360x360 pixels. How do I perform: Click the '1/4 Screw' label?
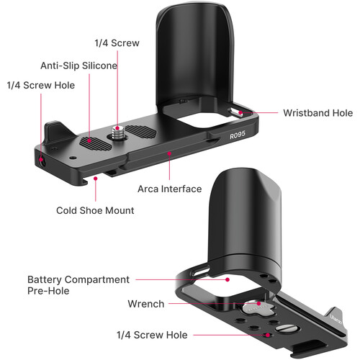click(x=117, y=43)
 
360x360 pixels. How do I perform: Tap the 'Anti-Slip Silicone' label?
click(x=78, y=66)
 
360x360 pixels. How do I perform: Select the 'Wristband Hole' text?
click(x=318, y=113)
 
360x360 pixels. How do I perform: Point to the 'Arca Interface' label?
click(x=169, y=189)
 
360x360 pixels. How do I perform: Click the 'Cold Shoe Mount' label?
click(x=95, y=210)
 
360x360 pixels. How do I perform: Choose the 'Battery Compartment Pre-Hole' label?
click(x=78, y=285)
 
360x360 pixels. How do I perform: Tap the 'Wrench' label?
click(x=146, y=304)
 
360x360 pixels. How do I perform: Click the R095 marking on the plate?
click(x=238, y=135)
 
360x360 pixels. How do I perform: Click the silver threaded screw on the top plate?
click(x=117, y=132)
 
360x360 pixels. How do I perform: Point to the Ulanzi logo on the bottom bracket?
click(x=336, y=319)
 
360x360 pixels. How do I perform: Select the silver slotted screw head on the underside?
click(x=284, y=328)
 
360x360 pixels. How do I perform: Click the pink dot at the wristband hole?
click(x=240, y=112)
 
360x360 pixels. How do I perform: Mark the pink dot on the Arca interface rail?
click(x=169, y=153)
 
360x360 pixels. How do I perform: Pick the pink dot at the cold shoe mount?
click(x=96, y=179)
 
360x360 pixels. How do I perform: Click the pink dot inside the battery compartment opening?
click(x=228, y=279)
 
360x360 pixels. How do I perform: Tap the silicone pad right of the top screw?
click(x=141, y=132)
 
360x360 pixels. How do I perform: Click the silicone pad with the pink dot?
click(x=96, y=143)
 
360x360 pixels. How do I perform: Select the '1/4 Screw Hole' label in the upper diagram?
click(x=41, y=85)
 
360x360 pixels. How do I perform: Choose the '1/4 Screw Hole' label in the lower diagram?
click(x=152, y=335)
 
